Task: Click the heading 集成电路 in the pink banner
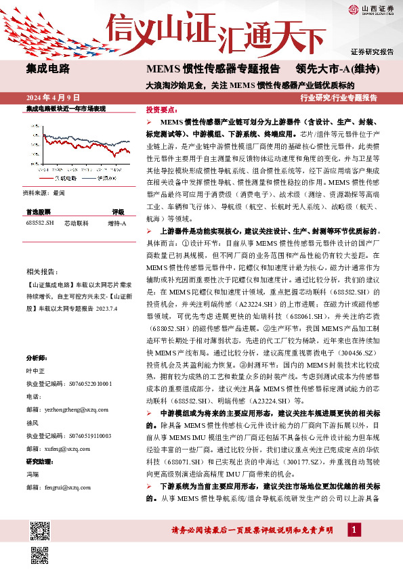coord(47,68)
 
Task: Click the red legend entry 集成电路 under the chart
coord(65,179)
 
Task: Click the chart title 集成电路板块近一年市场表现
coord(66,108)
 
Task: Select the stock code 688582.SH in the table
coord(39,223)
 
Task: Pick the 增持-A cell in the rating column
coord(117,223)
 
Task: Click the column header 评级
coord(118,212)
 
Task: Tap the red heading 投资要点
coord(161,109)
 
